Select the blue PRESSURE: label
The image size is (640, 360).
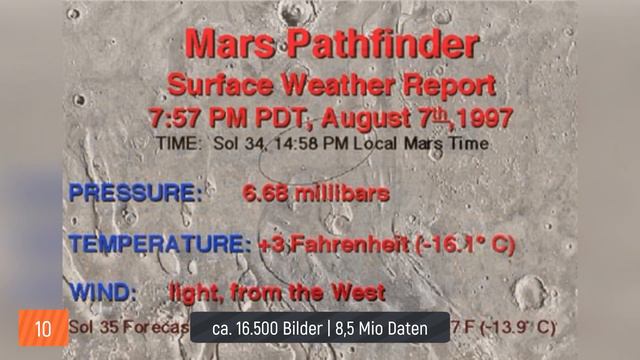click(x=135, y=193)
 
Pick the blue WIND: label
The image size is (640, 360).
click(x=103, y=292)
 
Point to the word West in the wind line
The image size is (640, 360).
click(x=360, y=292)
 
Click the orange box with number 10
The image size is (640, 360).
click(x=43, y=328)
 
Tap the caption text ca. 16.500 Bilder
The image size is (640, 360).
click(x=263, y=328)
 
